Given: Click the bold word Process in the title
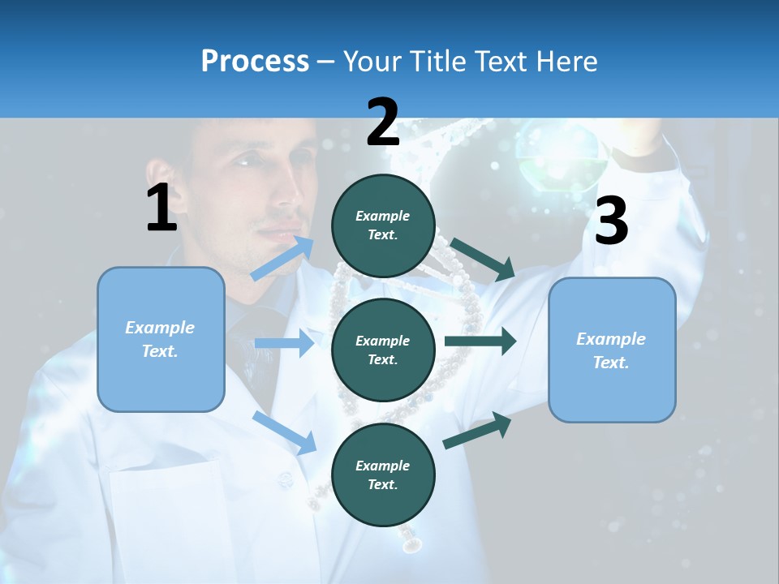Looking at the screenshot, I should coord(255,61).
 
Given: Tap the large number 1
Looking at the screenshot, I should coord(161,208).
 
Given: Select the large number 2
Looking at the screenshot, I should coord(383,122).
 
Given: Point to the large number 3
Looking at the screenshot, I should coord(611,221).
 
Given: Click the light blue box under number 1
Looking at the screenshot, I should coord(161,339).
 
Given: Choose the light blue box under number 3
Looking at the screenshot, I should coord(612,350).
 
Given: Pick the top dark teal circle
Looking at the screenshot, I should coord(383,225).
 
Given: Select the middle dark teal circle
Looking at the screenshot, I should coord(383,350).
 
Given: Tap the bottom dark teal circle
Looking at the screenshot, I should coord(383,474).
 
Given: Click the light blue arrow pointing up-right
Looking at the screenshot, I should coord(282,258).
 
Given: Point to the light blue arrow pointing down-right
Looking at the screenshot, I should coord(284,432).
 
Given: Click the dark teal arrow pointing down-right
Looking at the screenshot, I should coord(483,259).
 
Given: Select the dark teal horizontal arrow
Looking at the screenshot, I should coord(480,341).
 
